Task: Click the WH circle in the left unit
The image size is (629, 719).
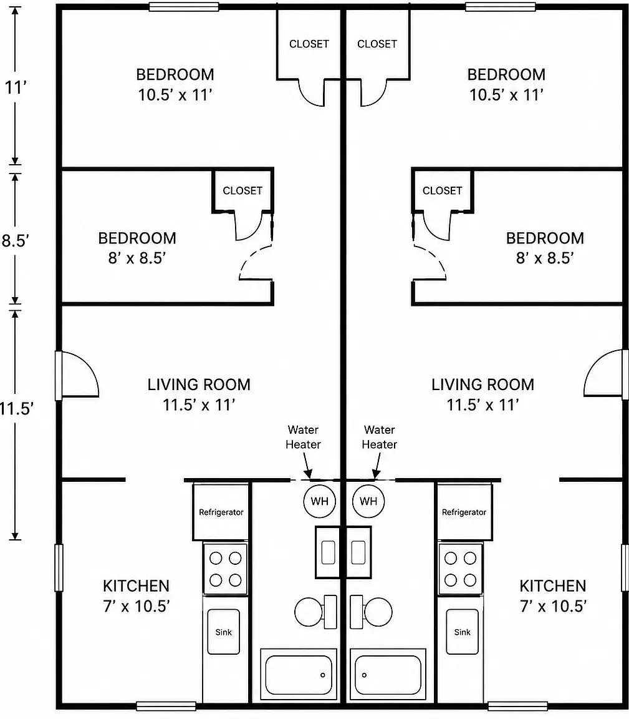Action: [x=319, y=501]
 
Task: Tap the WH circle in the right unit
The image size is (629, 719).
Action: [x=368, y=501]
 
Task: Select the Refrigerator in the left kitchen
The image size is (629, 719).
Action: [x=221, y=511]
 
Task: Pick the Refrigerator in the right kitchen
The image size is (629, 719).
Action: [x=464, y=511]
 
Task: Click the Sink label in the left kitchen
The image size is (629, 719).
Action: [x=224, y=632]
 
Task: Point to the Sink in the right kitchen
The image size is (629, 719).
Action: [x=463, y=632]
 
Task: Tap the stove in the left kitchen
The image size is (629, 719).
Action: [x=226, y=569]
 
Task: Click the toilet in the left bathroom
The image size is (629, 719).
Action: [x=315, y=612]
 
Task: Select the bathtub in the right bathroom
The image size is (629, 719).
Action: [x=388, y=675]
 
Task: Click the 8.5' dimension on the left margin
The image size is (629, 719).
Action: [x=15, y=240]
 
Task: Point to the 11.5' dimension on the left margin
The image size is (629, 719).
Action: [x=16, y=408]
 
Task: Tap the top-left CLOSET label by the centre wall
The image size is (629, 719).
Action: [x=309, y=44]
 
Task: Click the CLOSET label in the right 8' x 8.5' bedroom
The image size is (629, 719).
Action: [x=442, y=190]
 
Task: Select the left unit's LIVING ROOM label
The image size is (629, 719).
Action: [x=199, y=384]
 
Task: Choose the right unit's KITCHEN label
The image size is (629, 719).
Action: [x=552, y=585]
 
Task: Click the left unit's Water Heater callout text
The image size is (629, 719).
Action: [x=303, y=437]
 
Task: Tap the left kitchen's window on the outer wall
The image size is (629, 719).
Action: [x=59, y=567]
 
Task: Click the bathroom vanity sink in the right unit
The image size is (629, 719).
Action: [x=358, y=552]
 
